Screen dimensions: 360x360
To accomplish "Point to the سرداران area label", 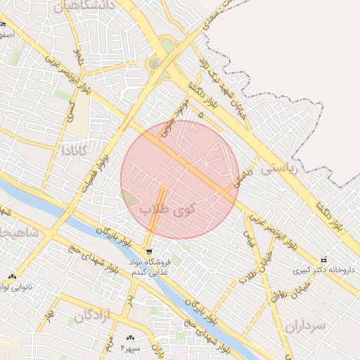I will [x=307, y=326].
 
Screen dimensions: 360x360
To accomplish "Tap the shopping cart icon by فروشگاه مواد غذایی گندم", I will [x=148, y=251].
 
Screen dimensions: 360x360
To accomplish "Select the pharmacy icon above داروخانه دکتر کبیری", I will [x=323, y=259].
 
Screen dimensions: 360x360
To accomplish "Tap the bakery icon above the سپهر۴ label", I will [x=131, y=338].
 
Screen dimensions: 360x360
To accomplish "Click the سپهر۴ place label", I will [x=131, y=348].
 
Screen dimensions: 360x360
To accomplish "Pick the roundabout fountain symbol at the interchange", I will [x=154, y=64].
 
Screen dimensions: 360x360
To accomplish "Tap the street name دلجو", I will [x=79, y=56].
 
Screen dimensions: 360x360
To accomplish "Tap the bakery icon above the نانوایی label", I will [x=12, y=276].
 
